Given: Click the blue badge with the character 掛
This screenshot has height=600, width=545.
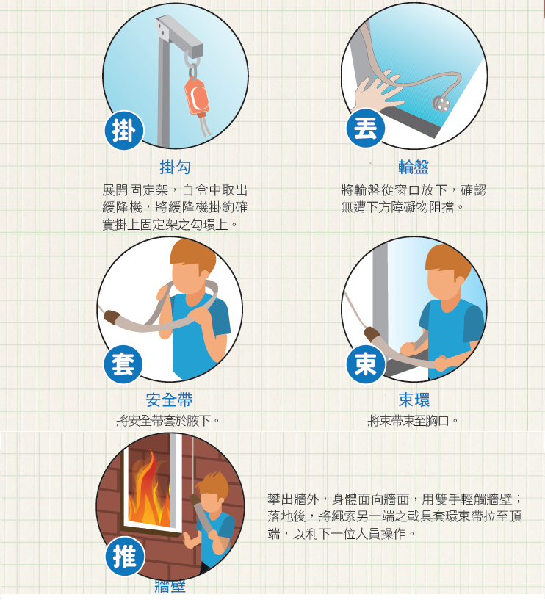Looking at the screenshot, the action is pos(123,131).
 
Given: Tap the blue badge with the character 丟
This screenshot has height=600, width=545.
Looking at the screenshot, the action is pos(366,128).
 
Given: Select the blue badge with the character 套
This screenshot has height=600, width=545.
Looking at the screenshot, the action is pos(123,364).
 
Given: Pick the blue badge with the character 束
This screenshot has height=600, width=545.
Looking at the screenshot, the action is pos(366,364).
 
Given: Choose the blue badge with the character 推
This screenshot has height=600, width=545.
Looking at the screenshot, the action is pos(125,557).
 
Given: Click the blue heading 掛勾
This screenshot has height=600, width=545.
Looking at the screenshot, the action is pos(175,167).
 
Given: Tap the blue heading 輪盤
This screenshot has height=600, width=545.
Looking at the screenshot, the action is pos(414,167).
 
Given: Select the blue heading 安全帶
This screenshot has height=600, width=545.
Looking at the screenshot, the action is pos(169,400).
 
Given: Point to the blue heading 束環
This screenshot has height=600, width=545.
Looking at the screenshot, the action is pos(414,400).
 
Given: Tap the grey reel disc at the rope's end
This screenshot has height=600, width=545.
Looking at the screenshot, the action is pos(441,104).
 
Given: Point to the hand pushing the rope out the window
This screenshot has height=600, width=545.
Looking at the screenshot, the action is pos(377,92).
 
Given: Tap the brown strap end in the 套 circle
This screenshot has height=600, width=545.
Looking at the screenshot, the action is pos(112,317).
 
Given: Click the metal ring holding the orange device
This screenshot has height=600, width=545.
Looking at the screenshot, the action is pos(192,60).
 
